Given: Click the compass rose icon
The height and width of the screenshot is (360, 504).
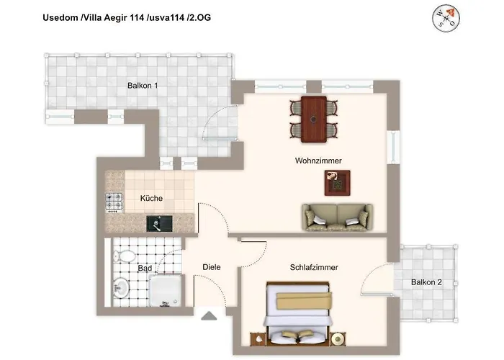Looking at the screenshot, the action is [446, 18].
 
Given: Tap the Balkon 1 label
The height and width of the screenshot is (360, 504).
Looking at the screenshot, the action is [143, 86].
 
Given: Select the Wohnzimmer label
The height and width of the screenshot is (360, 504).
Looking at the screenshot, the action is [318, 161].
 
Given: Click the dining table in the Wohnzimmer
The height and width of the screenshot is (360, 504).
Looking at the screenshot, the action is [314, 120].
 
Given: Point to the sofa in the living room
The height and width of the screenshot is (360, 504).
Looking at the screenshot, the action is [338, 217].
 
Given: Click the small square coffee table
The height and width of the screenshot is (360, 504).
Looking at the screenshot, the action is [337, 183].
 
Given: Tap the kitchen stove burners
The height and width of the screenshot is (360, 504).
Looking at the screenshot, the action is [114, 203].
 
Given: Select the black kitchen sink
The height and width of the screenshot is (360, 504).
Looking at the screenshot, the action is [159, 224].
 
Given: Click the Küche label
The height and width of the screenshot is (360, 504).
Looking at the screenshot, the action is [151, 198].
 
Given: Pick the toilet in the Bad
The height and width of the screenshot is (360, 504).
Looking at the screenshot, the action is [125, 256].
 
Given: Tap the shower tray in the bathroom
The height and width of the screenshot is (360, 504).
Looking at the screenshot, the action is [165, 291].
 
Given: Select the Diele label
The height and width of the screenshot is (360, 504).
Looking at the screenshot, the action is [212, 267].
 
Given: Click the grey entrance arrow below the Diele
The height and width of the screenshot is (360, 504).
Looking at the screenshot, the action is [209, 315].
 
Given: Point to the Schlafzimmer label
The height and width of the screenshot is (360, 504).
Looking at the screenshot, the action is [314, 267].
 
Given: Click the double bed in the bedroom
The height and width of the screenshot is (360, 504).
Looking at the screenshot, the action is [297, 314].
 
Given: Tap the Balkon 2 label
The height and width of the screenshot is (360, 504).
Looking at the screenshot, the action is [426, 282].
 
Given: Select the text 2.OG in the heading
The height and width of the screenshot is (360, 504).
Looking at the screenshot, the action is [200, 17].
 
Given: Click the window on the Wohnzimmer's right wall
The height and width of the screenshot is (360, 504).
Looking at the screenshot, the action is [393, 148].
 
